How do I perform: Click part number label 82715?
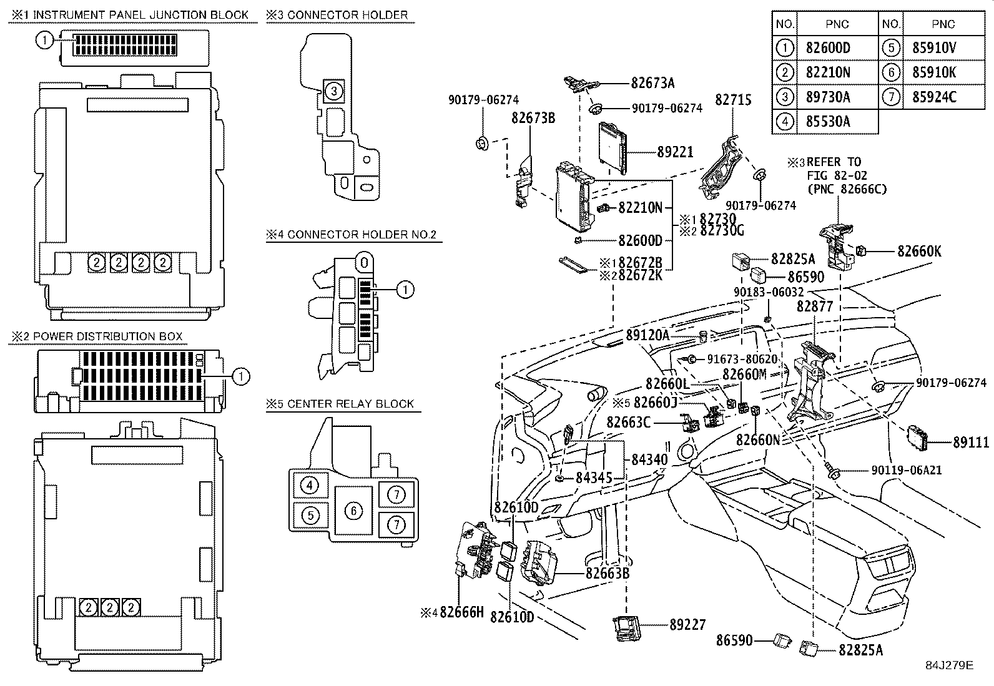click(733, 100)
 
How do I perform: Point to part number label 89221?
click(675, 152)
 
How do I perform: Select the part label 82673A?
click(652, 82)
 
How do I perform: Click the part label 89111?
click(971, 443)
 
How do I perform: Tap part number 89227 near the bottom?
click(687, 624)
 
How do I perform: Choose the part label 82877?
click(815, 306)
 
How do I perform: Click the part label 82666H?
click(461, 612)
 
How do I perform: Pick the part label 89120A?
click(647, 336)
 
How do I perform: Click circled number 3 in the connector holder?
click(334, 92)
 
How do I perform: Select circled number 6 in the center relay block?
click(353, 511)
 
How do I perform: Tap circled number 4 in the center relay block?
click(310, 485)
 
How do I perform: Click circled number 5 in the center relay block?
click(310, 515)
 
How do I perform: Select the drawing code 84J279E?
click(949, 665)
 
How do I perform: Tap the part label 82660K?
click(919, 252)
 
